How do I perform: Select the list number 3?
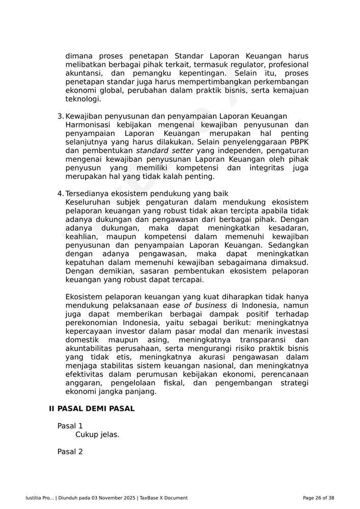(60, 117)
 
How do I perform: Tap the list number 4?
(60, 194)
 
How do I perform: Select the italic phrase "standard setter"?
(164, 151)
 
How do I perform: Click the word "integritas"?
(267, 168)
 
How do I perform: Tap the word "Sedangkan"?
(288, 245)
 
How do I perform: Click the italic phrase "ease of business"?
(195, 306)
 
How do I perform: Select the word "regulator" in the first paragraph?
(247, 65)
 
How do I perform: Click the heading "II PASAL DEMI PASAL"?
(92, 409)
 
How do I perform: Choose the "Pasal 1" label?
(70, 426)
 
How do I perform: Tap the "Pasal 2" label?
(70, 452)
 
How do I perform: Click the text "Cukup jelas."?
(97, 435)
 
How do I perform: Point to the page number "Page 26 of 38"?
(318, 498)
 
